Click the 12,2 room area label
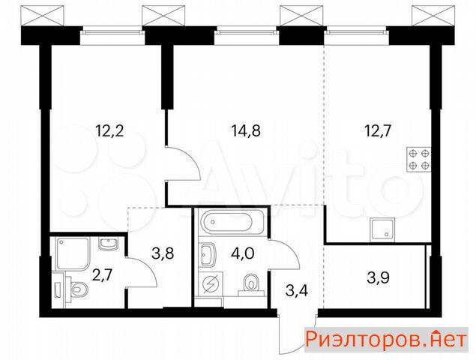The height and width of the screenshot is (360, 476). pyautogui.click(x=109, y=131)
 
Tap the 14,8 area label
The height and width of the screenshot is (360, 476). pyautogui.click(x=246, y=131)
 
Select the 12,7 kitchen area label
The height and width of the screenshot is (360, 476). pyautogui.click(x=378, y=131)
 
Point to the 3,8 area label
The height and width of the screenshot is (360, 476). pyautogui.click(x=163, y=253)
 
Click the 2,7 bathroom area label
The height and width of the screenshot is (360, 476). pyautogui.click(x=102, y=275)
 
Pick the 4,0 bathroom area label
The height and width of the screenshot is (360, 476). pyautogui.click(x=243, y=253)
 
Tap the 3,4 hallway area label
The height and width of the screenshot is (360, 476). pyautogui.click(x=297, y=291)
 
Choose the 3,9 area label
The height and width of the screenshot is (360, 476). pyautogui.click(x=379, y=277)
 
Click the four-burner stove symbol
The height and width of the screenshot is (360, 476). pyautogui.click(x=418, y=160)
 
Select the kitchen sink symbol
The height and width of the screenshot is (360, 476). pyautogui.click(x=382, y=229)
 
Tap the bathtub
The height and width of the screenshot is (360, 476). pyautogui.click(x=228, y=222)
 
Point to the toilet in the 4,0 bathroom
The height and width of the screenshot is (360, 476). pyautogui.click(x=251, y=284)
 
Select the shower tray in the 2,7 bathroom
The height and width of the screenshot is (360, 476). pyautogui.click(x=73, y=254)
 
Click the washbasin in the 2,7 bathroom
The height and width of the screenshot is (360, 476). pyautogui.click(x=109, y=244)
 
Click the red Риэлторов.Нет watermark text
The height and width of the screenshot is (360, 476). pyautogui.click(x=386, y=340)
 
